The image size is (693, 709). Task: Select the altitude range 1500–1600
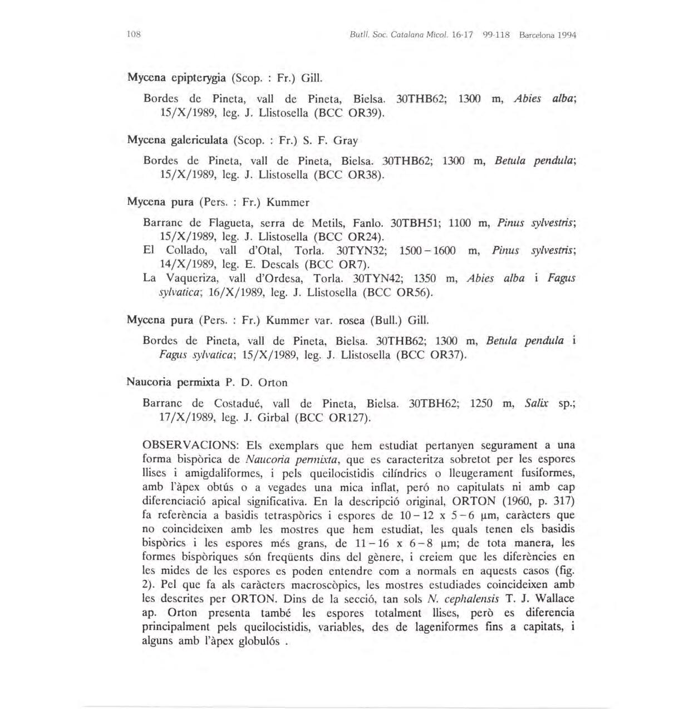point(427,251)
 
